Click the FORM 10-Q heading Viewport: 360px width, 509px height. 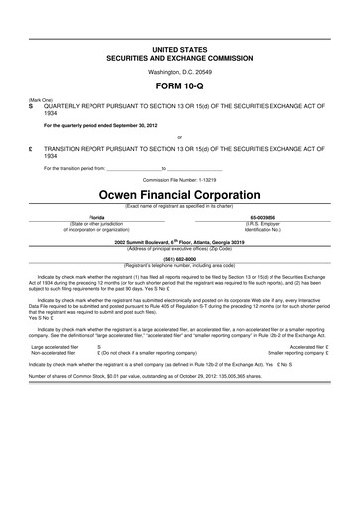point(180,88)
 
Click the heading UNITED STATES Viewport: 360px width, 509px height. point(180,48)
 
